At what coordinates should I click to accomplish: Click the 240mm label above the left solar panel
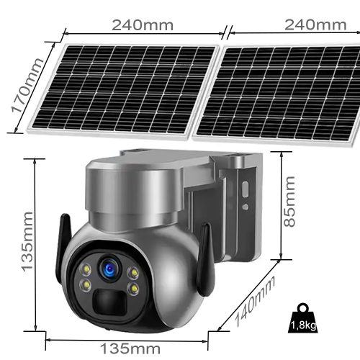(x=143, y=25)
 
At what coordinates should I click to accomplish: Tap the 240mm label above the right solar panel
(x=315, y=24)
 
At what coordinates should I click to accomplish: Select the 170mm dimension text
(x=27, y=85)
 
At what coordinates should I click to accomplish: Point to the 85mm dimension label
(x=289, y=202)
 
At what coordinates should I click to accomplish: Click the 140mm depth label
(x=255, y=300)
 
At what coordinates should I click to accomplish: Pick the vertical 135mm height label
(x=27, y=242)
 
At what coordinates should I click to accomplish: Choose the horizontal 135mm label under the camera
(x=130, y=348)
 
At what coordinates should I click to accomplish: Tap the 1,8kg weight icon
(x=303, y=318)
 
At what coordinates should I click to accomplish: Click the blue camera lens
(x=110, y=268)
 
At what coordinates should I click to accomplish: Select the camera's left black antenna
(x=63, y=243)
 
